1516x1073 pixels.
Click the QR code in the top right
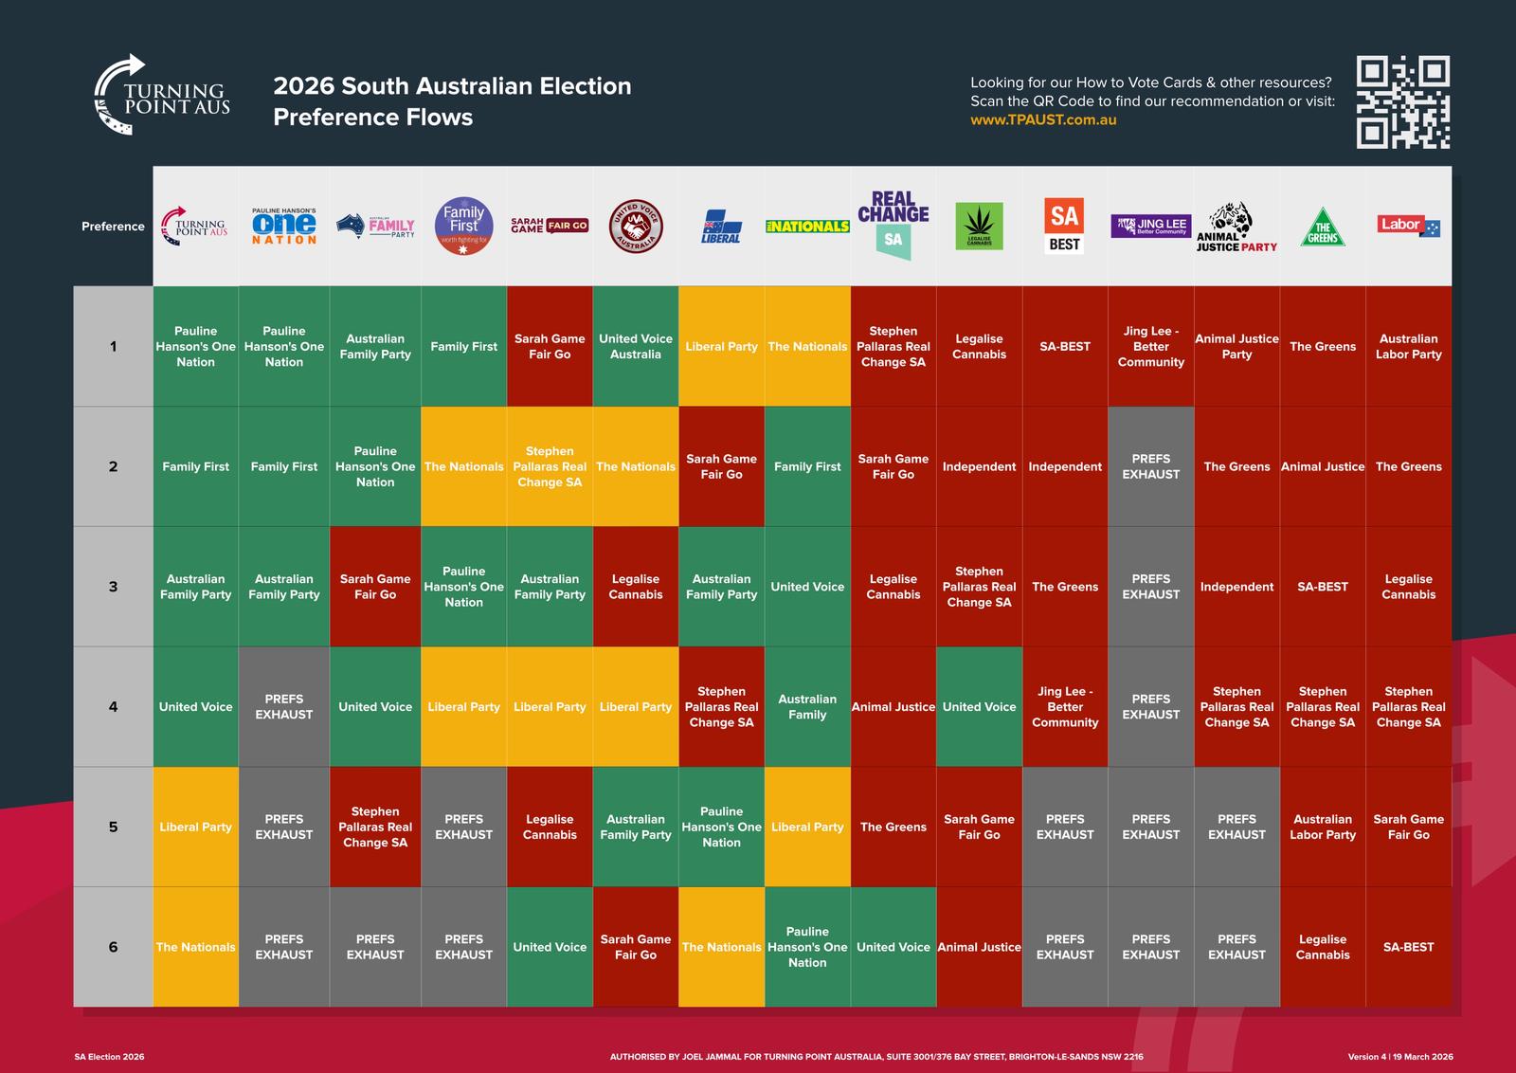tap(1402, 101)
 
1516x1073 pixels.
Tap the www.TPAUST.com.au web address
tap(1043, 120)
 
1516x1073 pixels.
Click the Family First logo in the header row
tap(463, 226)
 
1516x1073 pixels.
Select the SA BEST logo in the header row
tap(1064, 226)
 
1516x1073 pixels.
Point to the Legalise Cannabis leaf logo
tap(979, 226)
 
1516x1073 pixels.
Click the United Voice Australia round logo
tap(635, 227)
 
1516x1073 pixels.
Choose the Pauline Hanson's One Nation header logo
tap(284, 227)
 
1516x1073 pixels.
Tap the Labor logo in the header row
tap(1408, 226)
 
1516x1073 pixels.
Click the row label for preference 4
tap(113, 706)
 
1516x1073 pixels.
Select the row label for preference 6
tap(113, 947)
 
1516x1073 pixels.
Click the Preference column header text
tap(113, 227)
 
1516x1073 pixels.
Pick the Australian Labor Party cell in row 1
tap(1408, 346)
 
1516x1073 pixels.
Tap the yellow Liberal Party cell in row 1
tap(721, 346)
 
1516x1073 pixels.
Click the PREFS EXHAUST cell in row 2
tap(1150, 466)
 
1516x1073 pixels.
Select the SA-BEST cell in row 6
tap(1408, 947)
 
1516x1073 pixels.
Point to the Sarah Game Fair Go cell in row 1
tap(550, 346)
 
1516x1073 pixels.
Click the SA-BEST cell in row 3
tap(1322, 587)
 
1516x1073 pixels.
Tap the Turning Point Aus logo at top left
tap(162, 96)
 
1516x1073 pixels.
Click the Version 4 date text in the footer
tap(1399, 1057)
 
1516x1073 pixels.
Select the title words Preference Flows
tap(372, 118)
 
